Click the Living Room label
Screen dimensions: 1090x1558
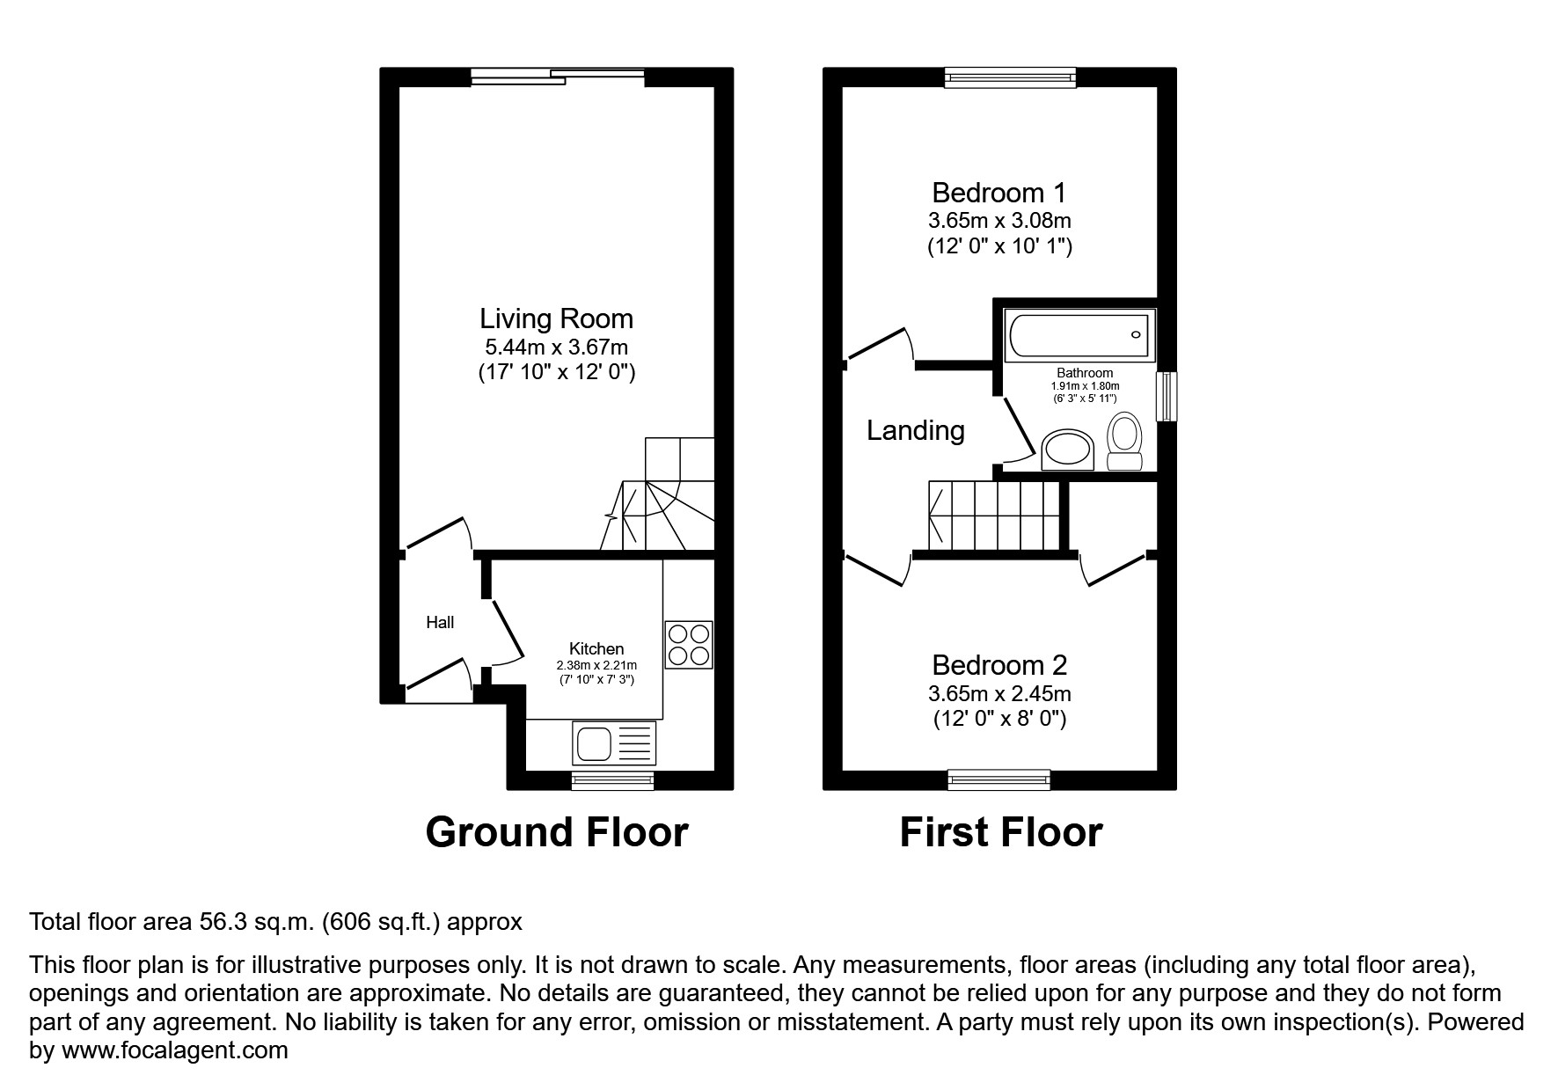tap(556, 318)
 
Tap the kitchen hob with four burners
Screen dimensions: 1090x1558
tap(688, 645)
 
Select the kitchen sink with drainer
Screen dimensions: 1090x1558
tap(614, 743)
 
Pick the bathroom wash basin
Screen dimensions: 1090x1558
tap(1067, 450)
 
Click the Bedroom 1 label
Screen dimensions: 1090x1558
tap(999, 192)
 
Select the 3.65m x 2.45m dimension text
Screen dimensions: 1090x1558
tap(999, 694)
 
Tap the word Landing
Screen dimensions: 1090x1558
tap(915, 430)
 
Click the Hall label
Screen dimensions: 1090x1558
tap(440, 623)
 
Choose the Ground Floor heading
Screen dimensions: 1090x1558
tap(556, 832)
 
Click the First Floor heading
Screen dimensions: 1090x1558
tap(1000, 832)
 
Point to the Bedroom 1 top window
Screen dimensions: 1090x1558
tap(1010, 77)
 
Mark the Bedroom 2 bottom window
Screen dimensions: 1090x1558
tap(999, 779)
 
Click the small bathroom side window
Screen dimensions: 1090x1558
tap(1167, 397)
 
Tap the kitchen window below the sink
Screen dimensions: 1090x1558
tap(613, 780)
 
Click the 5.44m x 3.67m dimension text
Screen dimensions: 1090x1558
tap(556, 347)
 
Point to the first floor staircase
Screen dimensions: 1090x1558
tap(994, 516)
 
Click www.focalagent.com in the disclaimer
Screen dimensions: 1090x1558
tap(174, 1050)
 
